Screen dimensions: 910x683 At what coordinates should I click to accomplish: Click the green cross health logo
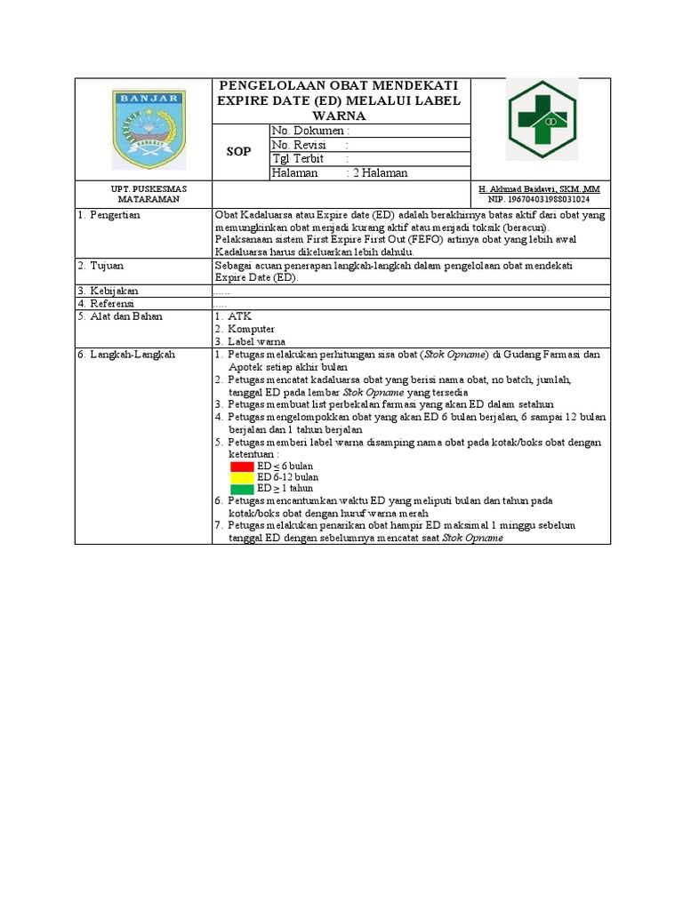542,119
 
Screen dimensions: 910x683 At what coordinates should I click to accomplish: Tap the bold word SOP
238,152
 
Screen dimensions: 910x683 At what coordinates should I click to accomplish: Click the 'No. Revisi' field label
299,145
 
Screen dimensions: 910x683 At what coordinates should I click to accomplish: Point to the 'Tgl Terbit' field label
298,159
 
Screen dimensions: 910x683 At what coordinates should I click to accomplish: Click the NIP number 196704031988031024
539,200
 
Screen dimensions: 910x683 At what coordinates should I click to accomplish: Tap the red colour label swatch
242,467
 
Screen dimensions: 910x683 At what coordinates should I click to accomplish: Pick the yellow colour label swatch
242,477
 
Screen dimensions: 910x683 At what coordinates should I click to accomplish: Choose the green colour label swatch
242,489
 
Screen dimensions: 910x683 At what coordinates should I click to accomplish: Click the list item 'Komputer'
251,329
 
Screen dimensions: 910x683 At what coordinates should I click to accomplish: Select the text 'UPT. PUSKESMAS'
143,189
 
